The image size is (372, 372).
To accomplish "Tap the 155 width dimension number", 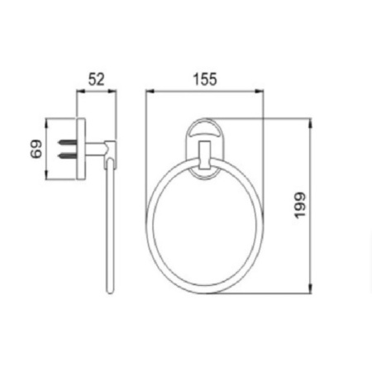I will [204, 79].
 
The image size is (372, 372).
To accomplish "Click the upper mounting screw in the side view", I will [66, 143].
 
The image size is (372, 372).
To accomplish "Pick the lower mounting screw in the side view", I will [66, 155].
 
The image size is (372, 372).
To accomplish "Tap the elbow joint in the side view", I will [111, 150].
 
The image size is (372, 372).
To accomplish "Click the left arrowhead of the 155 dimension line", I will [150, 91].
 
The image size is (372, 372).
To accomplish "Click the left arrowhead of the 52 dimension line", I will [79, 91].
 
